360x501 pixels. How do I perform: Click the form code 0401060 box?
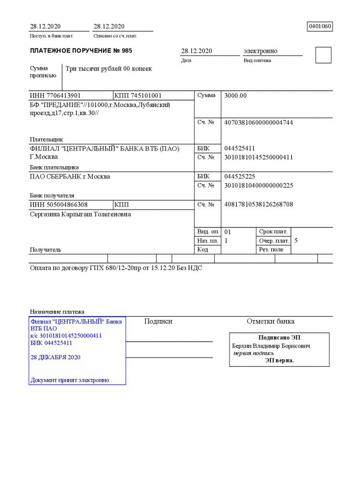pos(320,26)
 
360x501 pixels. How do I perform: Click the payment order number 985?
pos(127,51)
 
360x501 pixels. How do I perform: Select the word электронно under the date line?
pos(260,51)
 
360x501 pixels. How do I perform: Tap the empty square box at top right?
pos(323,55)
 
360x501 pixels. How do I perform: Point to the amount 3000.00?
pos(236,96)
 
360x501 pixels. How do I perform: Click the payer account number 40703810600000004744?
pos(259,122)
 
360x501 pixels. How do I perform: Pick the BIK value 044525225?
pos(239,177)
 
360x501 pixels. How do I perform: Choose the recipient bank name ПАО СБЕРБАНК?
pos(70,177)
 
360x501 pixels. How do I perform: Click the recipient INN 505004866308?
pos(59,204)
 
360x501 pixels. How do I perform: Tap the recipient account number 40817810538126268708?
pos(259,204)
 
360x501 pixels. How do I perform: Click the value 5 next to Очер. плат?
pos(296,240)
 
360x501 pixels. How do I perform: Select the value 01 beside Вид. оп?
pos(228,232)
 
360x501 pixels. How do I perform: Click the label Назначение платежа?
pos(57,311)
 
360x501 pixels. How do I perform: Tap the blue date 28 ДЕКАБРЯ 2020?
pos(56,357)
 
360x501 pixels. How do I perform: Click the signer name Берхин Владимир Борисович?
pos(271,346)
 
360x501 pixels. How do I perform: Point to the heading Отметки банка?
pos(271,322)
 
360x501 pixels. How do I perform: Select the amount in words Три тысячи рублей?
pos(109,69)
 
